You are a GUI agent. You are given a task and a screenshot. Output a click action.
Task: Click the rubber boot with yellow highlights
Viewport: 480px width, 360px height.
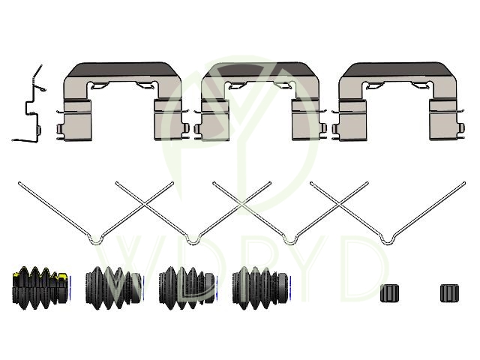41,288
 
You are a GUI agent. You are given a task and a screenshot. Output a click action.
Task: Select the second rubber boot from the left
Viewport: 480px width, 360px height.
115,288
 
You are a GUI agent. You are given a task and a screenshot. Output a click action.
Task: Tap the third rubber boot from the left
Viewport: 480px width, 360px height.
188,288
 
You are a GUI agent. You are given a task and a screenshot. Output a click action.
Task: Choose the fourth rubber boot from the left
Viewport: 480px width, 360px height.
262,288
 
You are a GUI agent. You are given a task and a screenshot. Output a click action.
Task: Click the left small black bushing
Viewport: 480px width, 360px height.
390,293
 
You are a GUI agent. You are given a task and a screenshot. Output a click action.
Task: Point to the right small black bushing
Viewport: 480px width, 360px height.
450,293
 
